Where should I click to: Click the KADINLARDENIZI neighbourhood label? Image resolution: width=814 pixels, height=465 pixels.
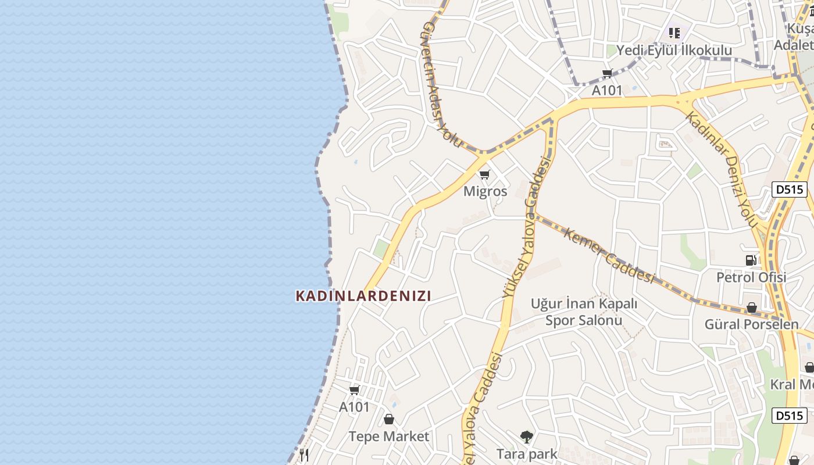click(x=363, y=296)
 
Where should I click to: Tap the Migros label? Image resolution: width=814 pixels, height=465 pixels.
click(x=485, y=191)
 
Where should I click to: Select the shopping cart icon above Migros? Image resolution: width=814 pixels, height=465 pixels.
click(x=485, y=174)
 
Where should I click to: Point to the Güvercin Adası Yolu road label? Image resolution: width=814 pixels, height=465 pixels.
click(x=442, y=85)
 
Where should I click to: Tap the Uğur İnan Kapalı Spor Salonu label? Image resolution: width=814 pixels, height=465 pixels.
click(x=584, y=312)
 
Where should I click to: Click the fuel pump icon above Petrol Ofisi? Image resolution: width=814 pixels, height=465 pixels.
click(x=751, y=260)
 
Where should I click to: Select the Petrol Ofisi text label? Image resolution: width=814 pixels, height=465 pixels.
click(x=751, y=277)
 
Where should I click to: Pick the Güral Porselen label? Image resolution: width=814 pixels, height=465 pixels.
click(x=751, y=324)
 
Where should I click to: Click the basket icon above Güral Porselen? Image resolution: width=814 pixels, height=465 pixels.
click(x=751, y=307)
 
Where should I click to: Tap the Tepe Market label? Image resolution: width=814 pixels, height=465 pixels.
click(x=388, y=436)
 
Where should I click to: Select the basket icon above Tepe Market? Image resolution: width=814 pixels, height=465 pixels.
click(x=388, y=419)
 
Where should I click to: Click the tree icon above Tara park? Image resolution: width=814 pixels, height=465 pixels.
click(x=527, y=437)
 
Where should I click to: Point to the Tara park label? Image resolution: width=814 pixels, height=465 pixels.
click(x=527, y=453)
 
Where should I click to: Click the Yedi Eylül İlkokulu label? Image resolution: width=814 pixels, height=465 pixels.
click(x=674, y=51)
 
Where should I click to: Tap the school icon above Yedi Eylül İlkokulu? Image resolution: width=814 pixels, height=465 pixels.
click(x=674, y=33)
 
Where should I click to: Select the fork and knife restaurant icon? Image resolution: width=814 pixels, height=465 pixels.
click(x=304, y=455)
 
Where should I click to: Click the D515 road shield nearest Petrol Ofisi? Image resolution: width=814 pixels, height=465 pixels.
click(x=789, y=189)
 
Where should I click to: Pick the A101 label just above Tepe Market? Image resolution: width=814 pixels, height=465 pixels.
click(x=354, y=407)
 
